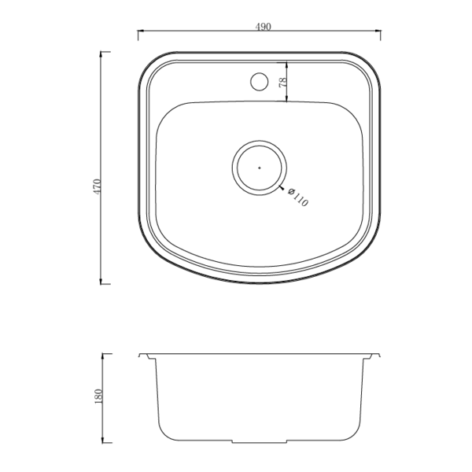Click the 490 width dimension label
(263, 27)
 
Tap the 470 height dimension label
(98, 186)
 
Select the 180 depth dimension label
(98, 396)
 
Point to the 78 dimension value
(283, 83)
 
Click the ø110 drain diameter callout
(298, 197)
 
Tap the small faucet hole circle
(259, 81)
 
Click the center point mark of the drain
(260, 168)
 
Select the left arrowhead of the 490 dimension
(141, 31)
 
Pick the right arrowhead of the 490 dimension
(378, 31)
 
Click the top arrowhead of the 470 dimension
(101, 54)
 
